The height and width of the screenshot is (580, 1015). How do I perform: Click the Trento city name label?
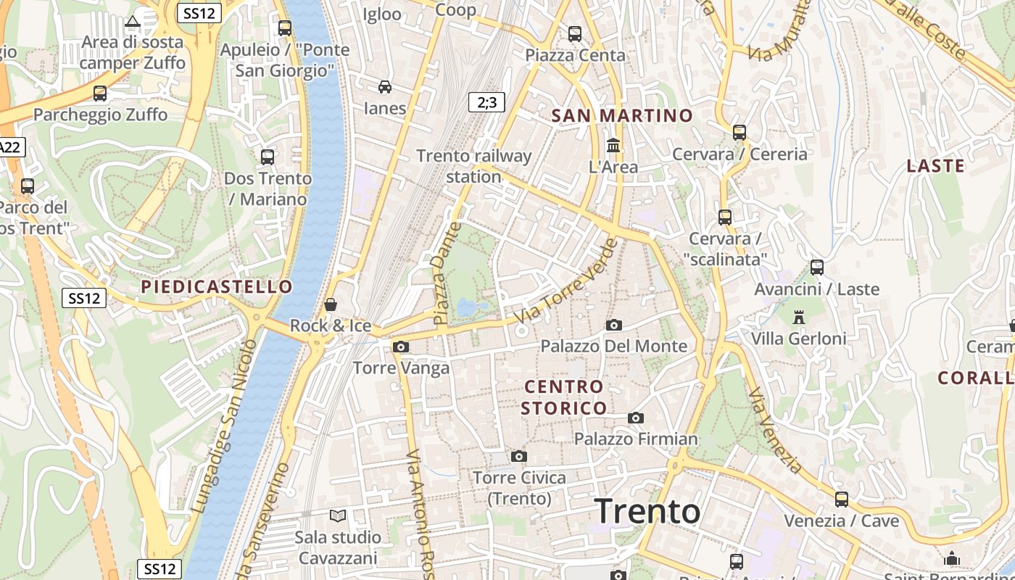(x=647, y=511)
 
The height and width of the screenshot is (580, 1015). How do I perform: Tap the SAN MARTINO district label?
(x=622, y=115)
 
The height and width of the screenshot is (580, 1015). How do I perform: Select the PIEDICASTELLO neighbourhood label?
(x=217, y=286)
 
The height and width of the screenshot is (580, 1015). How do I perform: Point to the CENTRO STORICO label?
(x=564, y=397)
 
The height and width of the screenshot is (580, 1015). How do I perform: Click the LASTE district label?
(x=935, y=166)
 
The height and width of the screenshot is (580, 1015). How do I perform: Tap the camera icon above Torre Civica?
(x=518, y=456)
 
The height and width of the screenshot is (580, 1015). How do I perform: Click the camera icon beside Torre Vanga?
(x=400, y=347)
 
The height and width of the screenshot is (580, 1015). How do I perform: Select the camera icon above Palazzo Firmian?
(x=636, y=418)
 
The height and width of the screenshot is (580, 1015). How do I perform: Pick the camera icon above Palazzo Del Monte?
(x=613, y=325)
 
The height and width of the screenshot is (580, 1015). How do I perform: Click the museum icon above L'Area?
(x=613, y=145)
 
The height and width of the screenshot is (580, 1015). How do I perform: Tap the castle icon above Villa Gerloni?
(x=799, y=317)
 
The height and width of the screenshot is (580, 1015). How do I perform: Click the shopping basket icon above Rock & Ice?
(x=331, y=304)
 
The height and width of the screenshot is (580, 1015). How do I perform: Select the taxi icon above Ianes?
(x=385, y=87)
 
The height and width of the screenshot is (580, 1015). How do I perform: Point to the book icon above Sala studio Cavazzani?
(x=338, y=515)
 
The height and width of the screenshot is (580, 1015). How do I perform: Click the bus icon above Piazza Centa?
(x=575, y=33)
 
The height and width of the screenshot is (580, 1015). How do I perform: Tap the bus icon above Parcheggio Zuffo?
(x=100, y=93)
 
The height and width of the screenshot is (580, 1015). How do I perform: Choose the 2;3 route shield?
(x=486, y=102)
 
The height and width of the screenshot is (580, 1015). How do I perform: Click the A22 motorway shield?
(x=10, y=147)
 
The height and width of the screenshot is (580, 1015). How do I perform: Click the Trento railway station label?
(x=474, y=166)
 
